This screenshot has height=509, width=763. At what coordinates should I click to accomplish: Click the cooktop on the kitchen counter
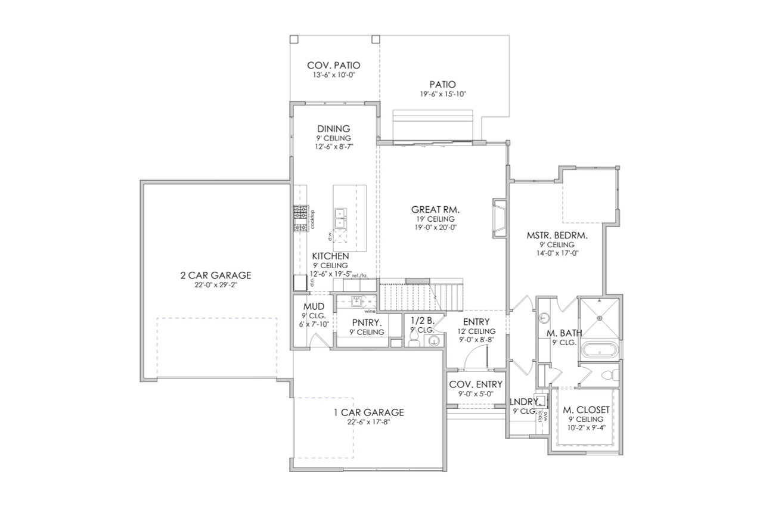pyautogui.click(x=300, y=219)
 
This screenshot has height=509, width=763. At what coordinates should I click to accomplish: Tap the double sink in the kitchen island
pyautogui.click(x=341, y=218)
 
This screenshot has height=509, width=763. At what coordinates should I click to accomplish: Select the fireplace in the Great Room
pyautogui.click(x=499, y=218)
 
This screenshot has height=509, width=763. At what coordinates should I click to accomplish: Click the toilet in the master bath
pyautogui.click(x=608, y=376)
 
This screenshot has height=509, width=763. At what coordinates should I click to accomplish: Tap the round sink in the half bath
pyautogui.click(x=435, y=340)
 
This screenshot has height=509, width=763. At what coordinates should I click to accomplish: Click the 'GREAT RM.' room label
pyautogui.click(x=435, y=210)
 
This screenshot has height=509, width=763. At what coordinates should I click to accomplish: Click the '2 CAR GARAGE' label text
pyautogui.click(x=216, y=275)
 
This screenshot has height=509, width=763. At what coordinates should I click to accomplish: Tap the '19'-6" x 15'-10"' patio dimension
pyautogui.click(x=443, y=94)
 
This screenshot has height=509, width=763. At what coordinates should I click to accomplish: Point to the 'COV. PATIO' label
pyautogui.click(x=334, y=66)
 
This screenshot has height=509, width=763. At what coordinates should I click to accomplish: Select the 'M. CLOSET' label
pyautogui.click(x=586, y=410)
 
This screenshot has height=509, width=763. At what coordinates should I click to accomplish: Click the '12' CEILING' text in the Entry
pyautogui.click(x=476, y=331)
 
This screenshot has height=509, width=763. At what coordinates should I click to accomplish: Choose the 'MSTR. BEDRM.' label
pyautogui.click(x=557, y=235)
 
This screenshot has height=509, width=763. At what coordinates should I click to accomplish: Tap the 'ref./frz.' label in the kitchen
pyautogui.click(x=359, y=275)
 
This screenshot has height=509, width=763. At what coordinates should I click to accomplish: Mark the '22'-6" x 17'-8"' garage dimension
pyautogui.click(x=368, y=422)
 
